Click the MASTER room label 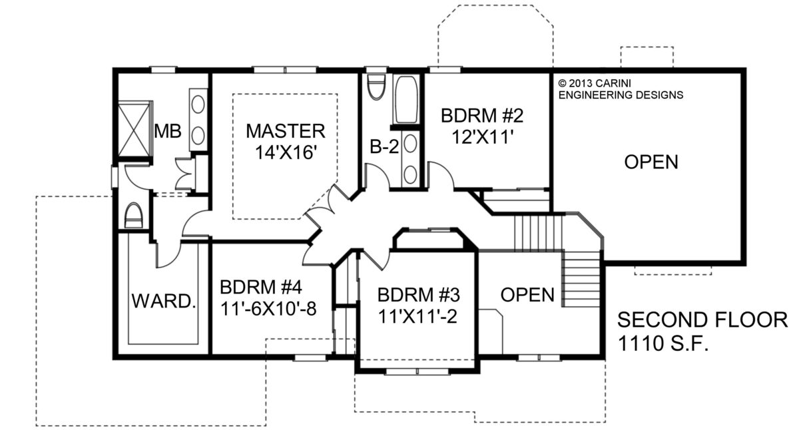(x=286, y=131)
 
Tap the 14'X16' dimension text (x=286, y=152)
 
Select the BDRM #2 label (x=482, y=116)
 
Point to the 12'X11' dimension (x=483, y=136)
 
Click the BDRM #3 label (x=418, y=295)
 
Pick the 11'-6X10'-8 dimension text (x=268, y=309)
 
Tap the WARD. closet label (x=164, y=301)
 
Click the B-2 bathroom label (x=384, y=146)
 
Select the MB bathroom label (x=168, y=131)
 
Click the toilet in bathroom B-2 (x=377, y=87)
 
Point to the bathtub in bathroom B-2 (x=406, y=99)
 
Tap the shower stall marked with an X (x=133, y=128)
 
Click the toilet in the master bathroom (x=133, y=216)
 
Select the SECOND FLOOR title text (x=702, y=320)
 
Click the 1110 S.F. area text (x=663, y=343)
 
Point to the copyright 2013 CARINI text (x=595, y=83)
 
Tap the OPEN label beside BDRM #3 (x=527, y=295)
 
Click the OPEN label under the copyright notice (x=651, y=162)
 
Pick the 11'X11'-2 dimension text (x=417, y=316)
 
